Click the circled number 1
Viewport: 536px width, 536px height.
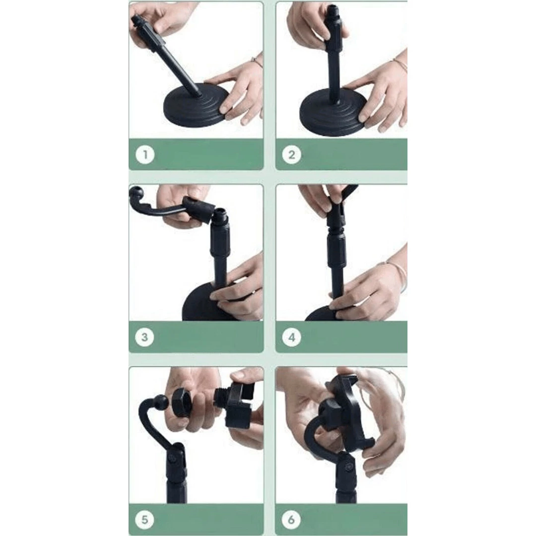pyautogui.click(x=145, y=154)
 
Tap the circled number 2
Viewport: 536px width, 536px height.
pyautogui.click(x=292, y=154)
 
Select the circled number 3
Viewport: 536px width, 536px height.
pyautogui.click(x=144, y=337)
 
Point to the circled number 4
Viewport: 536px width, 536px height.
pyautogui.click(x=292, y=337)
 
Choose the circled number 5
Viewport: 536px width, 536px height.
pyautogui.click(x=144, y=520)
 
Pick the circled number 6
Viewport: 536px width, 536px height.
pyautogui.click(x=291, y=520)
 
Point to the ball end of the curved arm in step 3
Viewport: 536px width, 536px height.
pyautogui.click(x=134, y=192)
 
